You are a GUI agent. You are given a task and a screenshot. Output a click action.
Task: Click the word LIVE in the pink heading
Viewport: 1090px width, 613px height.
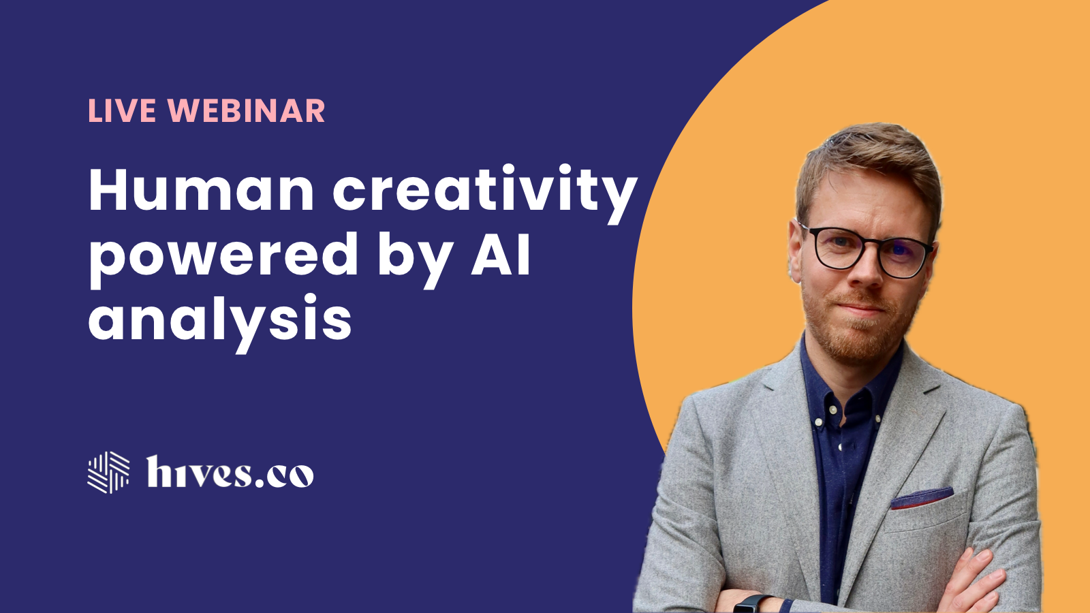[x=122, y=111]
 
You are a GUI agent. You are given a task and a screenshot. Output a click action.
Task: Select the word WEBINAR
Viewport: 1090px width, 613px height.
[x=246, y=111]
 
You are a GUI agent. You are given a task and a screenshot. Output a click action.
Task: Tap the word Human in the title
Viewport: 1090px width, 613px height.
[x=201, y=190]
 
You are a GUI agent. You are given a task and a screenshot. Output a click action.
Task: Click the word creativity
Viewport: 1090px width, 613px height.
[x=484, y=193]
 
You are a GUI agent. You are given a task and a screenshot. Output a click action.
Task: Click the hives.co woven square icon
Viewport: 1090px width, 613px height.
[x=108, y=472]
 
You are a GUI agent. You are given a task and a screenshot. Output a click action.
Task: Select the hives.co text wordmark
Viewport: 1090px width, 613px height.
[x=230, y=472]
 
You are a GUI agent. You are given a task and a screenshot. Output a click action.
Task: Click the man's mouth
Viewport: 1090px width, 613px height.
[x=860, y=308]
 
